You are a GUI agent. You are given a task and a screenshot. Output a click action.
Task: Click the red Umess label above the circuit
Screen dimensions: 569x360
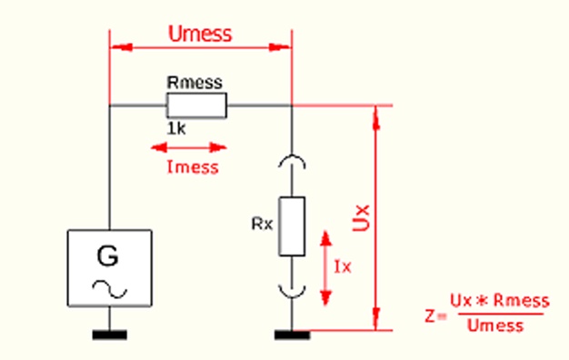(x=200, y=34)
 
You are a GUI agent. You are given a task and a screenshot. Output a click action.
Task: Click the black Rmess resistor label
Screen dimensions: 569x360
(x=195, y=83)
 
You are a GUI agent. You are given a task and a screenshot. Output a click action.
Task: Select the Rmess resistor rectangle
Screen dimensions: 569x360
(x=196, y=105)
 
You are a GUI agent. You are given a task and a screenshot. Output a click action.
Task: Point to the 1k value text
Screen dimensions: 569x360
(x=176, y=128)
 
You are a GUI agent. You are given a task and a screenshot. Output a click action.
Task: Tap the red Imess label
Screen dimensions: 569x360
(x=193, y=167)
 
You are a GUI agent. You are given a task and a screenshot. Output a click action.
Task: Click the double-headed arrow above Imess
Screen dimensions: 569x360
(x=189, y=147)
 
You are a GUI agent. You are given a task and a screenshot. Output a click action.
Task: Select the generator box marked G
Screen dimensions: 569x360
(x=110, y=268)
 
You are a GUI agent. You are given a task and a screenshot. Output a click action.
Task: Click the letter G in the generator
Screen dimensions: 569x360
(x=108, y=255)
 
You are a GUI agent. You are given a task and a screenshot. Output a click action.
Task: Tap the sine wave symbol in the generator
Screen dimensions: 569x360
(x=110, y=289)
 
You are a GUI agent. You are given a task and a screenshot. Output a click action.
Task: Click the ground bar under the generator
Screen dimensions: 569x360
(x=110, y=335)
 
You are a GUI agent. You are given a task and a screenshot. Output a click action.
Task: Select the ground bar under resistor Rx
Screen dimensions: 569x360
(x=292, y=335)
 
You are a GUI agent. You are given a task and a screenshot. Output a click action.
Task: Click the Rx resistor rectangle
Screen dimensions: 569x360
(x=292, y=226)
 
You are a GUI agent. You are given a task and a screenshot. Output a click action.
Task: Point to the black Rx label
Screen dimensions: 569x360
(x=262, y=225)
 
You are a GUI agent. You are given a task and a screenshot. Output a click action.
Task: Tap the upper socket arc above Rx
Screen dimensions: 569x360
(x=292, y=156)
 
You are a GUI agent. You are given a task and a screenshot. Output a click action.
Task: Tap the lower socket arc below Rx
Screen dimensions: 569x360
(x=292, y=295)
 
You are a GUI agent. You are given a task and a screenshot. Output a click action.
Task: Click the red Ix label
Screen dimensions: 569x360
(x=343, y=267)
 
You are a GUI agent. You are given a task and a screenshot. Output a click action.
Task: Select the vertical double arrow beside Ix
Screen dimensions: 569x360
(x=326, y=268)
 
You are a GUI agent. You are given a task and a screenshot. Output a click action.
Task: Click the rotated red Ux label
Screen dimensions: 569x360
(x=361, y=218)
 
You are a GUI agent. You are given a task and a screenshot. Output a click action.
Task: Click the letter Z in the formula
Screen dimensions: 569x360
(x=430, y=315)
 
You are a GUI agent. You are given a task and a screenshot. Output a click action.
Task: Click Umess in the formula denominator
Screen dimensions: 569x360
(x=495, y=325)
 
